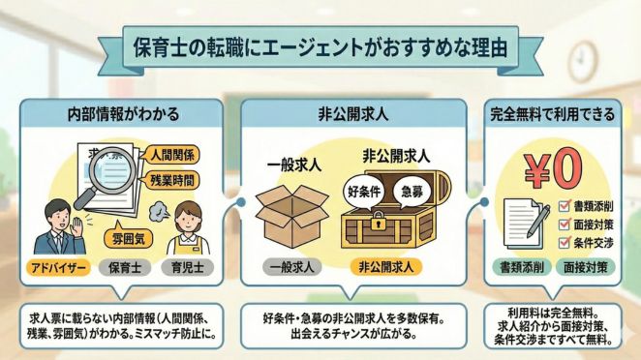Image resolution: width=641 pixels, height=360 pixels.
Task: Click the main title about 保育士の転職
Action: tap(320, 46)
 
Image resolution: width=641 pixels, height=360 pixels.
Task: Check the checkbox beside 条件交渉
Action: tap(566, 241)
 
